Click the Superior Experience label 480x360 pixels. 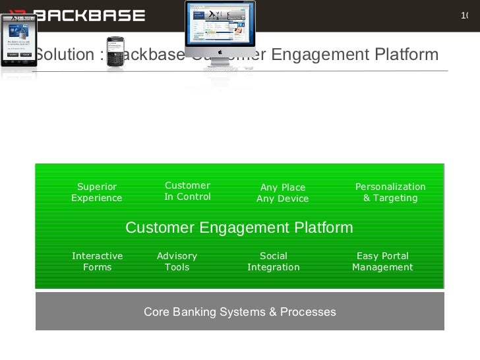96,193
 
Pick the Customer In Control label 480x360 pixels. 187,191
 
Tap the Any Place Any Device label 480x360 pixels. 282,193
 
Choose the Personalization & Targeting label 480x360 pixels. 390,193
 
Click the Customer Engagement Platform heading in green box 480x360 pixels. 239,228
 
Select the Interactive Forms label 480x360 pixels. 97,262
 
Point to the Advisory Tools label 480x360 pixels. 177,262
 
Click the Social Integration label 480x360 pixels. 273,262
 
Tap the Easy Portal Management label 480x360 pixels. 382,262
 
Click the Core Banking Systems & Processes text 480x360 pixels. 240,312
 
